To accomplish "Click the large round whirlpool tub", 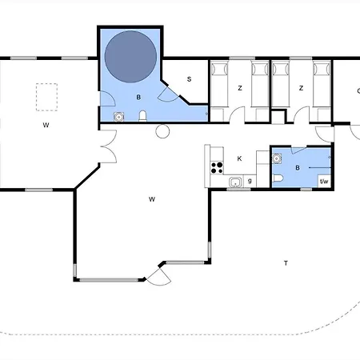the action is click(x=130, y=57).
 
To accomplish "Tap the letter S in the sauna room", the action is click(x=189, y=79).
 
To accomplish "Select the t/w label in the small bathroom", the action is click(x=324, y=182).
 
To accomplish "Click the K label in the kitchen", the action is click(x=239, y=158).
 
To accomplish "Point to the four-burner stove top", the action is click(x=217, y=168).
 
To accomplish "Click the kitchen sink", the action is click(x=235, y=182).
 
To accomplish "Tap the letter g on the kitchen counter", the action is click(x=250, y=181).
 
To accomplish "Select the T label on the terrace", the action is click(x=286, y=263).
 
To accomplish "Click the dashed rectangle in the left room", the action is click(x=46, y=97).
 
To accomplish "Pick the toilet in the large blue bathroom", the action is click(x=143, y=116).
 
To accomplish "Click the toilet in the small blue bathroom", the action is click(x=278, y=178).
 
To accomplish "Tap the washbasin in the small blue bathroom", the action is click(x=277, y=158).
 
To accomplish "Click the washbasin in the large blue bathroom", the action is click(x=119, y=117).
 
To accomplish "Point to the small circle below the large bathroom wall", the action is click(x=162, y=131).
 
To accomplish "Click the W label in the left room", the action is click(x=46, y=125).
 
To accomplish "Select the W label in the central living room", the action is click(x=152, y=199).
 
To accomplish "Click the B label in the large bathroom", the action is click(x=138, y=98).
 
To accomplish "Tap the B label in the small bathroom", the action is click(x=298, y=168).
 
